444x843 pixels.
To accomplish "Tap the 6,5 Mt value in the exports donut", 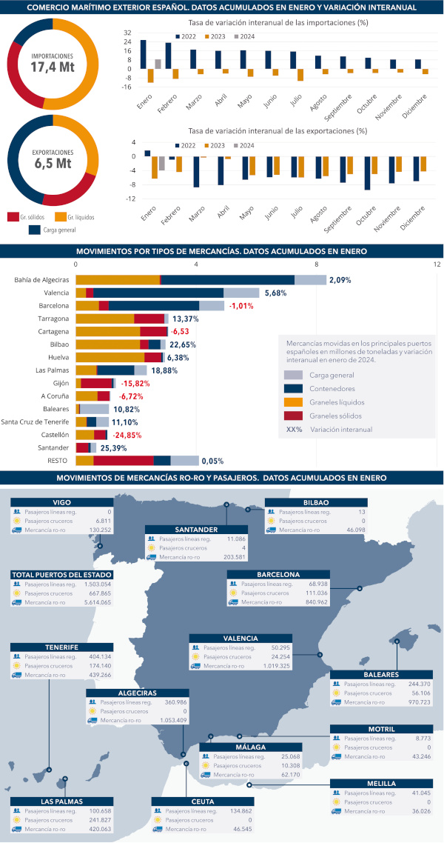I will pos(52,163).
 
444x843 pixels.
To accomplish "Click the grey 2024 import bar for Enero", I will pos(158,64).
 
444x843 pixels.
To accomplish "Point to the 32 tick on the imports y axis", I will pos(128,33).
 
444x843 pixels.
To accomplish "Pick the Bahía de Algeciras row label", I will pos(41,280).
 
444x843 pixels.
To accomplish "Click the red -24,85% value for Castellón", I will pos(126,435).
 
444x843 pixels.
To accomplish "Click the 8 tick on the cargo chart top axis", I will pos(317,264).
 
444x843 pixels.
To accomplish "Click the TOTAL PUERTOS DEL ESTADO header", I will pos(62,575).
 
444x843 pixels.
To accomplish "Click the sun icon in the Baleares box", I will pos(337,693).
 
